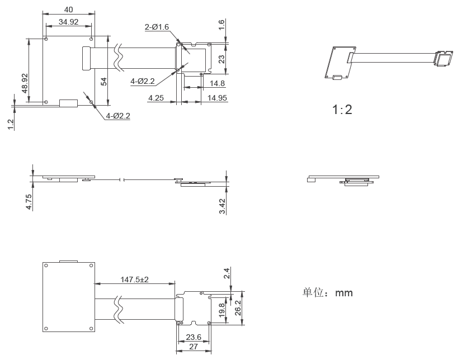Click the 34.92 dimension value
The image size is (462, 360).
click(x=68, y=22)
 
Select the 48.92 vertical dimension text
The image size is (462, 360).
click(x=25, y=83)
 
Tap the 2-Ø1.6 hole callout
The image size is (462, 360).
click(x=157, y=27)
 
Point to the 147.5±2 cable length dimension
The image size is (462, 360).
click(x=134, y=280)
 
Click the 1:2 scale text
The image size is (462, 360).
click(x=342, y=110)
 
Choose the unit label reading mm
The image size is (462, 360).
click(x=344, y=293)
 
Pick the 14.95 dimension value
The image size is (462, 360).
click(x=217, y=98)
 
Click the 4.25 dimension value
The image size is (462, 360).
click(x=155, y=98)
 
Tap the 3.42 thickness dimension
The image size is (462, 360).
click(x=222, y=206)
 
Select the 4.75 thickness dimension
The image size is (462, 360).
click(x=29, y=202)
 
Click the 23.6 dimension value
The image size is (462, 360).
click(x=194, y=337)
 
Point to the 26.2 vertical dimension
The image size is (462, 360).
click(x=238, y=307)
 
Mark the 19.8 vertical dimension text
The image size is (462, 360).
click(x=222, y=310)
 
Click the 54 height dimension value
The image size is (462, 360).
click(x=103, y=82)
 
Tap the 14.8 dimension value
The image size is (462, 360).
click(x=217, y=84)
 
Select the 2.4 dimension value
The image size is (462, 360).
click(x=227, y=273)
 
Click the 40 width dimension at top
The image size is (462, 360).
click(x=68, y=10)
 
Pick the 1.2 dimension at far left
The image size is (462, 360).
click(x=11, y=124)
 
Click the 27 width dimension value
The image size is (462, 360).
click(x=194, y=347)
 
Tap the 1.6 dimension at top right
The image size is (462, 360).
click(x=221, y=25)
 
